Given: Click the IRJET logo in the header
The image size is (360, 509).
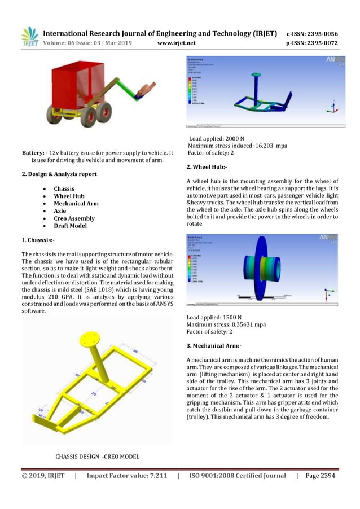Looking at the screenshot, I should pos(29,36).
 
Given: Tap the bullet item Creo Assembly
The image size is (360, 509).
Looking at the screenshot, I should pos(74,218).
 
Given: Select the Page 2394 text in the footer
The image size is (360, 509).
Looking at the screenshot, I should pos(320,476).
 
